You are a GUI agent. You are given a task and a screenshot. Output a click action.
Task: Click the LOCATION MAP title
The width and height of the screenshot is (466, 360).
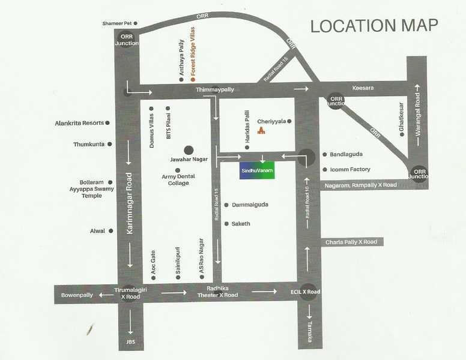click(374, 26)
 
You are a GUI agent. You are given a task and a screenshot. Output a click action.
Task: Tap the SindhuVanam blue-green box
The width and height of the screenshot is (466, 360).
click(256, 170)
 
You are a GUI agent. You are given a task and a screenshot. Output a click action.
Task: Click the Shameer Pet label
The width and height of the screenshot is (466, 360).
click(117, 23)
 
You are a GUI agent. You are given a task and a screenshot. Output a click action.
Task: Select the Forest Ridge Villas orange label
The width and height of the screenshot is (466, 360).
click(193, 58)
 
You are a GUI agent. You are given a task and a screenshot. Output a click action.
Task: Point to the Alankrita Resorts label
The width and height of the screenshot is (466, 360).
click(79, 122)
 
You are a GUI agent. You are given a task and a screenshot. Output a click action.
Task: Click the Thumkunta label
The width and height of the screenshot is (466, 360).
click(89, 145)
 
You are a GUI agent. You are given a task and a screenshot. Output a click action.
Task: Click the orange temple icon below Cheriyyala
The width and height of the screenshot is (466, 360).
click(261, 131)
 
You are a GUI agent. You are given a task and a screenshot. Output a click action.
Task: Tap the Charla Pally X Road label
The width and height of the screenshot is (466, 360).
click(351, 242)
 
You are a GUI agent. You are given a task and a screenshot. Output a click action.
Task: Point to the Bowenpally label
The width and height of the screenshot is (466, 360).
click(77, 295)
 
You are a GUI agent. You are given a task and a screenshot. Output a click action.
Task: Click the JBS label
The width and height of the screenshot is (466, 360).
click(130, 343)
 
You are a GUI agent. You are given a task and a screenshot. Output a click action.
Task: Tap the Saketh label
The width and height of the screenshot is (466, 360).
click(240, 224)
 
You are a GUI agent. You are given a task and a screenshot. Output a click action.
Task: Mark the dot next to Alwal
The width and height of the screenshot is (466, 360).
click(111, 230)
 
